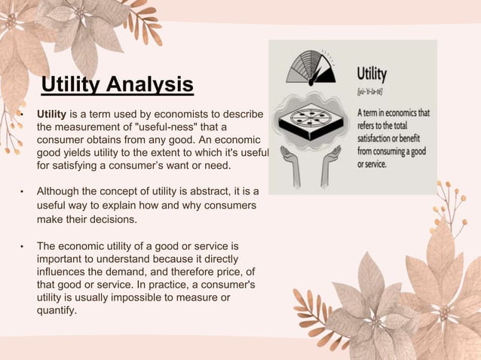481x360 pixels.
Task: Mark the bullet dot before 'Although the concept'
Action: pos(22,192)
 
